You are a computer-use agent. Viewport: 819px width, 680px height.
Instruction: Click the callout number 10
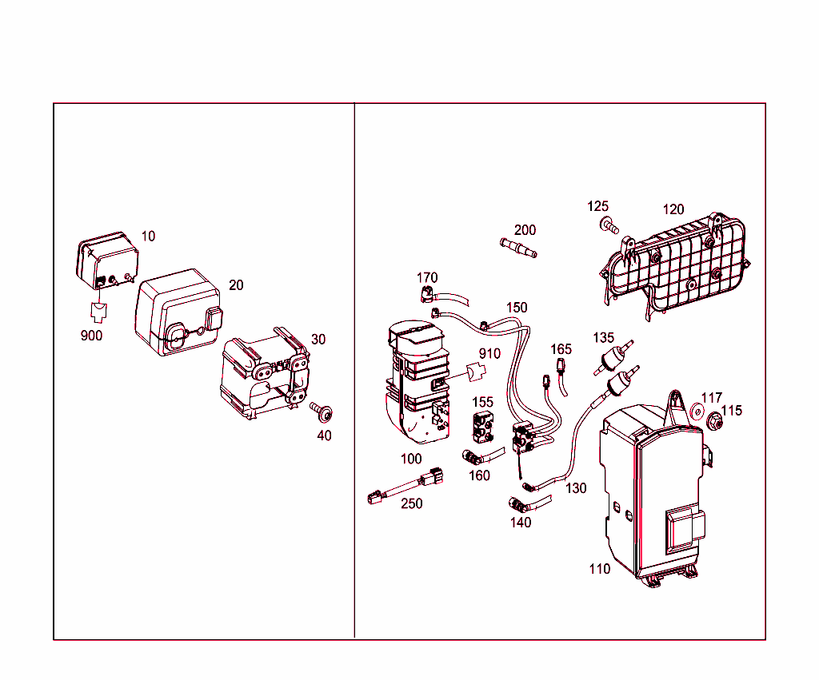coord(149,237)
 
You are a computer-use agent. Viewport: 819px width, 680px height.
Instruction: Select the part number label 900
coord(91,336)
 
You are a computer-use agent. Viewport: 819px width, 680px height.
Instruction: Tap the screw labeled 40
coord(323,412)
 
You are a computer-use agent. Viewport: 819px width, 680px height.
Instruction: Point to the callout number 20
coord(236,285)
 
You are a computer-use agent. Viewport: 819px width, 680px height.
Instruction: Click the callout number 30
coord(318,340)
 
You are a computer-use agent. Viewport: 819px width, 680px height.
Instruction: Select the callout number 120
coord(673,209)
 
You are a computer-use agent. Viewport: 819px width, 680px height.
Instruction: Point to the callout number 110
coord(599,569)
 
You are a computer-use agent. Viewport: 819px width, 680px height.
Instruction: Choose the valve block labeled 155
coord(483,427)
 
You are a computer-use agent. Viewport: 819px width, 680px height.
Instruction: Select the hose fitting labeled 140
coord(517,505)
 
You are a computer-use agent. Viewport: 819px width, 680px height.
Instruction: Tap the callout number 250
coord(412,504)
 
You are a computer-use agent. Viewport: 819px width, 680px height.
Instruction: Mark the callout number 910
coord(489,354)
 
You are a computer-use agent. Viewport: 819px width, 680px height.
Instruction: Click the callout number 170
coord(427,278)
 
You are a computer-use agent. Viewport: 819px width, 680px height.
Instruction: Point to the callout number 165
coord(561,349)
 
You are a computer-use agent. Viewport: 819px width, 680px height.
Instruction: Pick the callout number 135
coord(603,338)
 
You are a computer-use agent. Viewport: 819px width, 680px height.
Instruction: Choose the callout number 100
coord(411,459)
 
